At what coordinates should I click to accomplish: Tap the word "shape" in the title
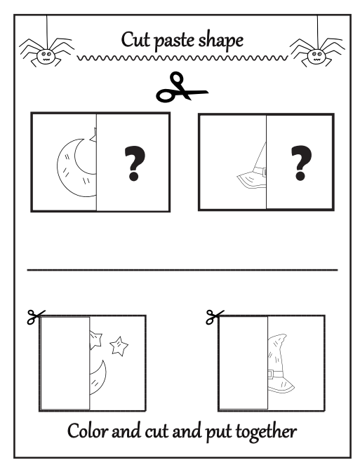pos(220,39)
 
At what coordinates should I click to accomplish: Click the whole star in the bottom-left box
pos(120,345)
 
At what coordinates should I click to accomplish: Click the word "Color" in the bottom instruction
pos(88,431)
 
